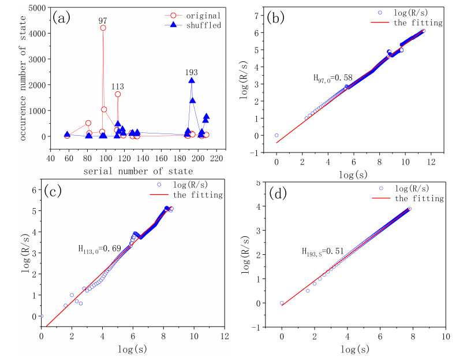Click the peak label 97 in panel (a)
click(103, 20)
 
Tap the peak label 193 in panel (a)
click(192, 73)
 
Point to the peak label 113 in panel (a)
click(118, 86)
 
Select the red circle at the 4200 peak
click(103, 28)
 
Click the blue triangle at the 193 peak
click(192, 81)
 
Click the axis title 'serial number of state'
click(130, 171)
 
